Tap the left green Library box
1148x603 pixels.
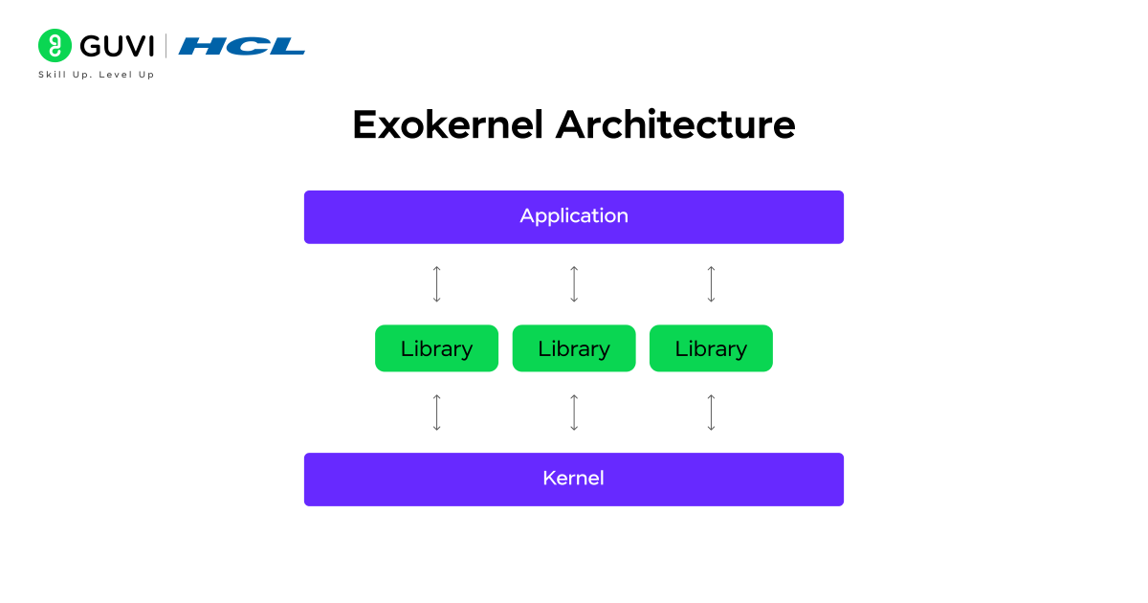(436, 348)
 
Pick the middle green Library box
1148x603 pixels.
(574, 348)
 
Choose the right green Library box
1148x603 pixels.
(711, 348)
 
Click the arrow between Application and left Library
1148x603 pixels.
(437, 284)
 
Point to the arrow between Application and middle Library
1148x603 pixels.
(574, 284)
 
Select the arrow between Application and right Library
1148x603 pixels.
(711, 284)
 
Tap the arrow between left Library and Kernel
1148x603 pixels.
(437, 413)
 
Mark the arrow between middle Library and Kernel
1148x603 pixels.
(574, 413)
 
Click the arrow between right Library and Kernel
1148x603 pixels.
(711, 413)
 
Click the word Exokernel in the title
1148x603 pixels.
(448, 125)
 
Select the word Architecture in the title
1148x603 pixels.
(675, 125)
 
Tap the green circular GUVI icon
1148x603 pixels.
(55, 46)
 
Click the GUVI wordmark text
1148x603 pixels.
(117, 46)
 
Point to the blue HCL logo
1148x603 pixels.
(242, 46)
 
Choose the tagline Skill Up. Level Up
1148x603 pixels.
(96, 75)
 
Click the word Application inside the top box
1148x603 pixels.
(574, 216)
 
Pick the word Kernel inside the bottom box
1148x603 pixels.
(574, 479)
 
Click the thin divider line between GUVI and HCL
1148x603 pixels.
(166, 46)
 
